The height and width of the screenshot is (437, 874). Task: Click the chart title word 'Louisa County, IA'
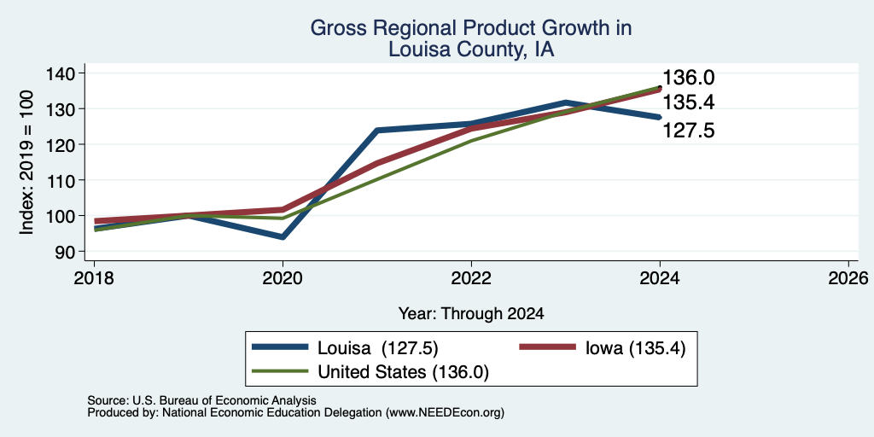pos(471,50)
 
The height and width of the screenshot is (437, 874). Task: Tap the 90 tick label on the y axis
pos(63,252)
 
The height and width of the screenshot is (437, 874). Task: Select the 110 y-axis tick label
pos(59,180)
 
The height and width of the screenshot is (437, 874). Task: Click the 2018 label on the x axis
pos(94,277)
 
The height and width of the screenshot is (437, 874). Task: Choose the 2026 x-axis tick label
pos(848,277)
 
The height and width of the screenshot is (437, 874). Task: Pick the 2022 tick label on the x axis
pos(471,277)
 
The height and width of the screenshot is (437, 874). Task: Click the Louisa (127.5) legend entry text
pos(378,348)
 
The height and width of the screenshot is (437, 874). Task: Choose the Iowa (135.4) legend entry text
pos(635,348)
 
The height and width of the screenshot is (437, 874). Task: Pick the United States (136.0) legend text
pos(403,372)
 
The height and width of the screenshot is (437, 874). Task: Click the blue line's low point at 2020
pos(283,237)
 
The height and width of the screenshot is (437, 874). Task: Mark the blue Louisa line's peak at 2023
pos(566,102)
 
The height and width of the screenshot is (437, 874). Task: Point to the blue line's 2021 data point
pos(377,131)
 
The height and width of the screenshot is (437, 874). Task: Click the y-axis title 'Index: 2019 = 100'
pos(26,162)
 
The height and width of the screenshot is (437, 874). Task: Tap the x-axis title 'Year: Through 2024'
pos(471,314)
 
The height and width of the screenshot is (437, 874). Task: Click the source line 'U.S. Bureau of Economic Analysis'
pos(224,400)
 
